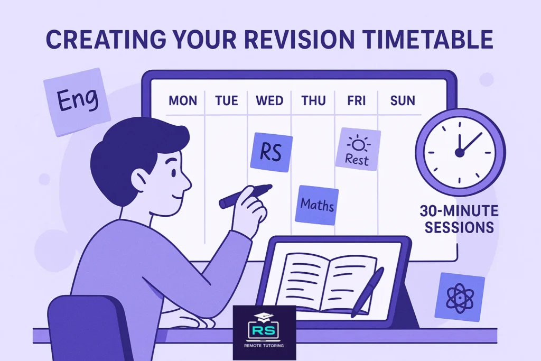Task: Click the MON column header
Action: coord(182,100)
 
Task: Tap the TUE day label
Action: coord(227,100)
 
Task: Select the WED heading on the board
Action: coord(269,100)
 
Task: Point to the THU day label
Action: coord(313,100)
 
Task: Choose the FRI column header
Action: coord(357,100)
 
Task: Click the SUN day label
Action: coord(402,100)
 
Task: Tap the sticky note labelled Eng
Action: coord(77,100)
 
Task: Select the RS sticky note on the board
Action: coord(271,152)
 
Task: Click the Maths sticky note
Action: coord(318,205)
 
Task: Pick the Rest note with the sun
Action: coord(358,149)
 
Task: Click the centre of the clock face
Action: coord(460,152)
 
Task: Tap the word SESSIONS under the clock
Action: coord(458,228)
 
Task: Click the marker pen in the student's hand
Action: coord(244,195)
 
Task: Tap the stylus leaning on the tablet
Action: coord(367,292)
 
